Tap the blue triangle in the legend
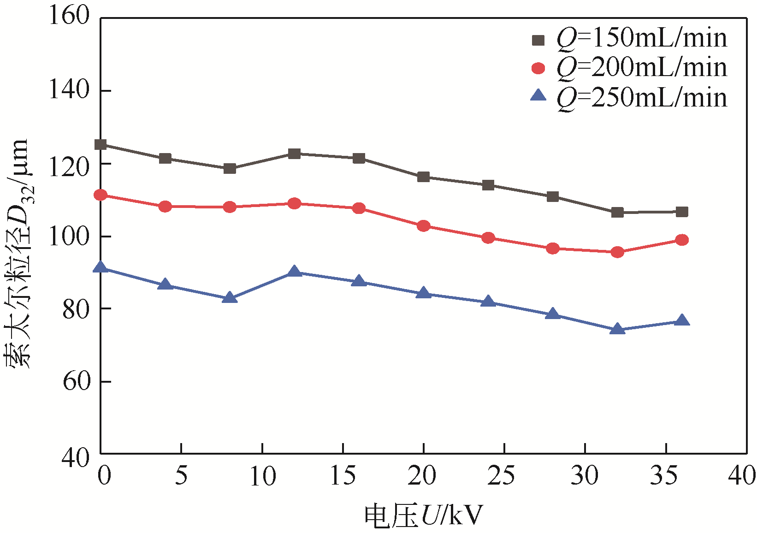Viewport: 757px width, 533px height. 538,96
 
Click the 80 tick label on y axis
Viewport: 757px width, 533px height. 75,309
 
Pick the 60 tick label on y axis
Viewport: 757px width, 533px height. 75,382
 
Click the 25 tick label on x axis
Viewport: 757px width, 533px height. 503,475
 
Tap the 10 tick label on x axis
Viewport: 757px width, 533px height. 262,475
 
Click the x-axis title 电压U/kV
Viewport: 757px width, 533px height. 423,515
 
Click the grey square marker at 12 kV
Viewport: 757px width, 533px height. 294,154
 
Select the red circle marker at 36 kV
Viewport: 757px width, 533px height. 682,240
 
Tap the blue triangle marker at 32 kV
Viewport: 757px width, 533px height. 617,329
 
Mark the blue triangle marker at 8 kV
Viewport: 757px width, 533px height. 230,298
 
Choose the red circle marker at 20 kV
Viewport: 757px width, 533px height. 423,226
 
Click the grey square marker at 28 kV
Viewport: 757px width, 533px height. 553,197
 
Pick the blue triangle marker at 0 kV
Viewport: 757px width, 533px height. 101,268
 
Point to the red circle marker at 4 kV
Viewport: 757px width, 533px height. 165,207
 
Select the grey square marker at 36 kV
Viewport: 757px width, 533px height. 682,212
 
